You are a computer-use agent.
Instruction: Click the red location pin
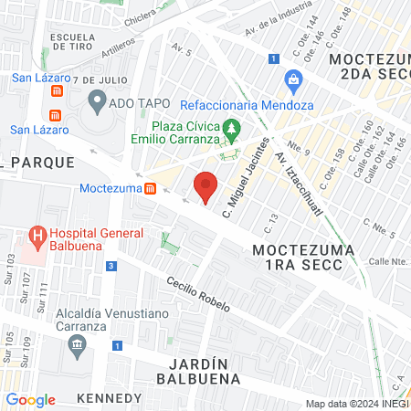point(206,185)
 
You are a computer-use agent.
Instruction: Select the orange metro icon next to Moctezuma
point(150,188)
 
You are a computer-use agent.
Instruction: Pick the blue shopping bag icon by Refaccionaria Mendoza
point(293,79)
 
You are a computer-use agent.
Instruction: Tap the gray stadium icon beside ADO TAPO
point(97,103)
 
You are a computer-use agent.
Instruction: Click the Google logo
point(30,400)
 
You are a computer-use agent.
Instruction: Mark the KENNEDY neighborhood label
point(110,398)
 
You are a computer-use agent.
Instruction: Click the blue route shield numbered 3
point(111,266)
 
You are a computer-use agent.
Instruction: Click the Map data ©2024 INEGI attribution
point(357,404)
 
